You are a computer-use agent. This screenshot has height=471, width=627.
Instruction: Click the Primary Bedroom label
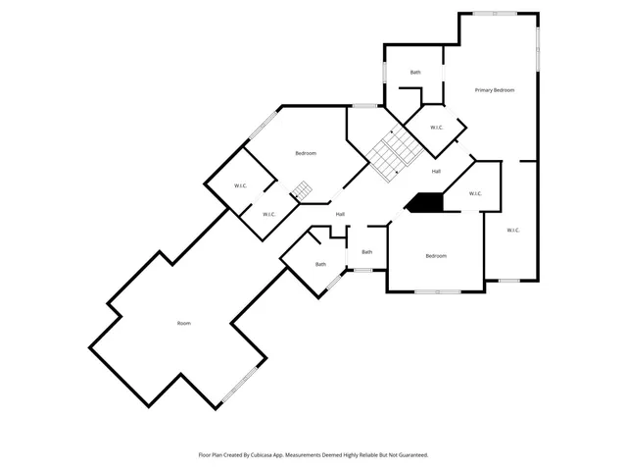[x=495, y=90]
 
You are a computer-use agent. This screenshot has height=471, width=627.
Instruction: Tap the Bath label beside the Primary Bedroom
[x=415, y=73]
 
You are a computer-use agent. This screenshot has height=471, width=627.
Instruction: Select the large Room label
[x=183, y=323]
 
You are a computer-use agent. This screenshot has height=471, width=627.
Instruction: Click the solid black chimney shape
[x=425, y=201]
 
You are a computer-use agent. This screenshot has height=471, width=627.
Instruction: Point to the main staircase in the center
[x=394, y=152]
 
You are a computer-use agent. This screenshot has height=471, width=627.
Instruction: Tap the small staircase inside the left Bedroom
[x=302, y=189]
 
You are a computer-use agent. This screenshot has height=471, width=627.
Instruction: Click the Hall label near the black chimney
[x=436, y=172]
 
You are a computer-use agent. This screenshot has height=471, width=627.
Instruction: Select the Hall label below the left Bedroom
[x=340, y=214]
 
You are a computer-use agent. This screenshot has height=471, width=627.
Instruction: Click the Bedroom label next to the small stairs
[x=306, y=153]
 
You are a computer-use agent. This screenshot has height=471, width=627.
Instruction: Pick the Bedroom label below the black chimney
[x=436, y=256]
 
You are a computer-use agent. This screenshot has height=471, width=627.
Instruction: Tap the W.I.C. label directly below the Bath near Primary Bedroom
[x=437, y=128]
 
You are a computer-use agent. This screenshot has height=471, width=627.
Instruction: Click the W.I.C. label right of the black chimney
[x=475, y=193]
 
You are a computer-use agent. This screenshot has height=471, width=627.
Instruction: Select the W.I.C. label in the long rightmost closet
[x=513, y=231]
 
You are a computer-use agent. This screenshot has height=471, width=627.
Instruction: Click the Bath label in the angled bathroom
[x=320, y=264]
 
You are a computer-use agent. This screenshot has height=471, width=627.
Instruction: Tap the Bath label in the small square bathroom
[x=366, y=252]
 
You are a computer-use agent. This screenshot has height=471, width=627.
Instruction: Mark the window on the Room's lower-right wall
[x=241, y=385]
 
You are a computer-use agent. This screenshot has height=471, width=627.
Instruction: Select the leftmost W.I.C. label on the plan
[x=240, y=186]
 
